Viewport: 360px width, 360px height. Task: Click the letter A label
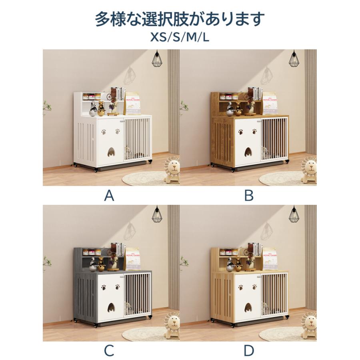click(109, 196)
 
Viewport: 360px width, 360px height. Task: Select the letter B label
click(249, 196)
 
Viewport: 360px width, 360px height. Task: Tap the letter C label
click(109, 351)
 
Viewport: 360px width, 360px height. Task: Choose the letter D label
click(249, 351)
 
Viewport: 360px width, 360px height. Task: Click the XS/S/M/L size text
click(180, 37)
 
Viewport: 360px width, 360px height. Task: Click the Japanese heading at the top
click(180, 19)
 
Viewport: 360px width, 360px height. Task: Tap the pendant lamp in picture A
click(157, 59)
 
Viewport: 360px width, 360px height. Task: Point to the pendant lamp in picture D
click(294, 215)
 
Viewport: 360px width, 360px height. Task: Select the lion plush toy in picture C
click(172, 326)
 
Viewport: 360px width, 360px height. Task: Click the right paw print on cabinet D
click(254, 287)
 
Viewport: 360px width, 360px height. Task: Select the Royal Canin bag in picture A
click(132, 104)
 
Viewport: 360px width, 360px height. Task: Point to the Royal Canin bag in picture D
click(270, 259)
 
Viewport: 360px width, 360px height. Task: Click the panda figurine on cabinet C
click(93, 264)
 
